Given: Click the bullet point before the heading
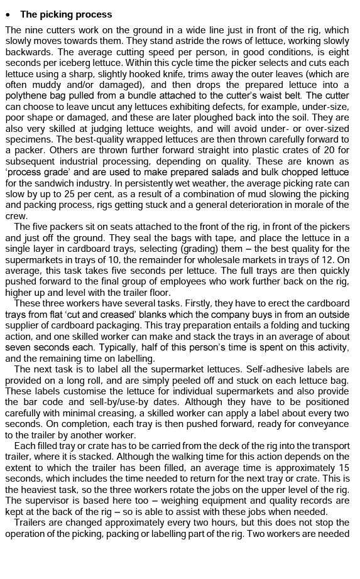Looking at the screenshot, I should [8, 14].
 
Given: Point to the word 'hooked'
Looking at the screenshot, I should [204, 73].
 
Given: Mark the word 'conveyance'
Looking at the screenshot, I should [320, 424].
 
